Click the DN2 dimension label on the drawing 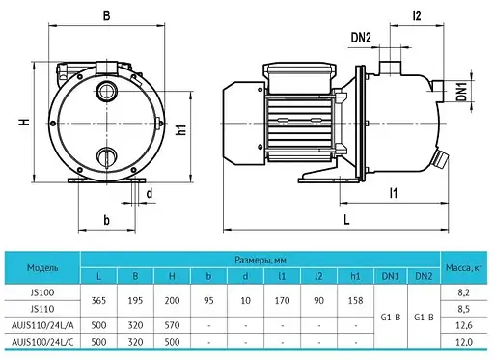(x=361, y=38)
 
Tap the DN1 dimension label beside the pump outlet (x=462, y=91)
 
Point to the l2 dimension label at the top (x=417, y=15)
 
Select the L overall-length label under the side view (x=346, y=220)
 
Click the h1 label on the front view (x=181, y=129)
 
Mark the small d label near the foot (x=150, y=194)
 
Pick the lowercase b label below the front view (x=106, y=220)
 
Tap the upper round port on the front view (x=106, y=91)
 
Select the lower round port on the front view (x=106, y=156)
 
